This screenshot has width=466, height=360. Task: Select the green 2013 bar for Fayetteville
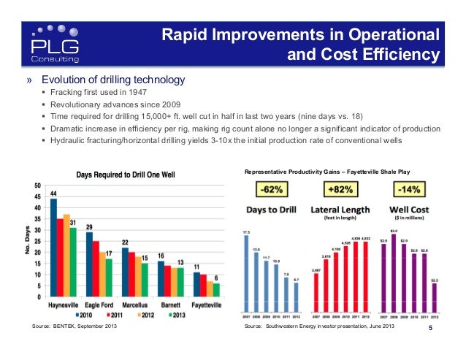click(216, 290)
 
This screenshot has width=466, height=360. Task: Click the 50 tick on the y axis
click(37, 185)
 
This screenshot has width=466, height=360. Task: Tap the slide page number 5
click(430, 336)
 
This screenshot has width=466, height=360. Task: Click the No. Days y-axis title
click(26, 240)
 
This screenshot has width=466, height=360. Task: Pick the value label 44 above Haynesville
click(53, 192)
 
